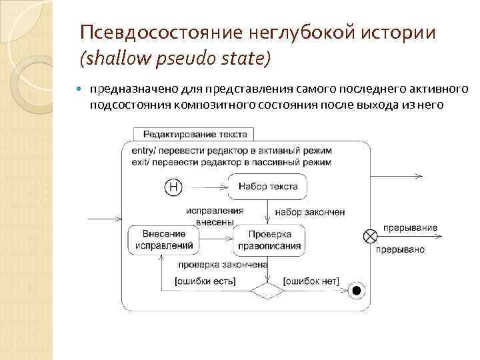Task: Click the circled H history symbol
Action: pyautogui.click(x=173, y=188)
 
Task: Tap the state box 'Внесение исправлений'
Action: pyautogui.click(x=164, y=239)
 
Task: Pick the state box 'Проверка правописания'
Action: pyautogui.click(x=269, y=239)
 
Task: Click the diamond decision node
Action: pyautogui.click(x=267, y=291)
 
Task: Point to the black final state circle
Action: pyautogui.click(x=357, y=290)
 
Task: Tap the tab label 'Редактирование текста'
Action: pyautogui.click(x=195, y=134)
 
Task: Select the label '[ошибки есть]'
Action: pyautogui.click(x=201, y=281)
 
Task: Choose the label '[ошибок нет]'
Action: pyautogui.click(x=311, y=281)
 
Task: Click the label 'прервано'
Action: pyautogui.click(x=400, y=249)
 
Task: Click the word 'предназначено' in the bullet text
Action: pyautogui.click(x=131, y=90)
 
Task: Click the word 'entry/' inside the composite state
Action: pyautogui.click(x=137, y=150)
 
